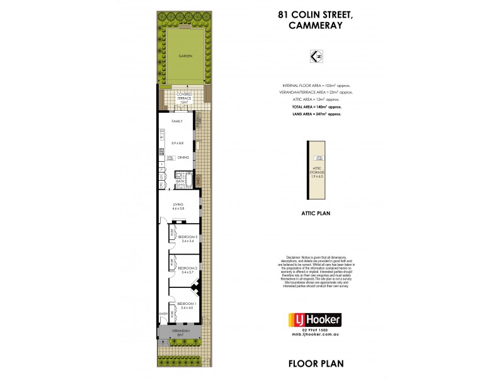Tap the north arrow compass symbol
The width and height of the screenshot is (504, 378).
[x=318, y=57]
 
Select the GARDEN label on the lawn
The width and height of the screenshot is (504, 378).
[x=185, y=56]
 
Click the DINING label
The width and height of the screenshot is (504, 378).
[x=183, y=157]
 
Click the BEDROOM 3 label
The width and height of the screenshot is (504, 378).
[x=187, y=236]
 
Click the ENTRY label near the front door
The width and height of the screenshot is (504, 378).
[x=163, y=314]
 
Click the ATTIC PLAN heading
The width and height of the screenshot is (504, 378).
[x=318, y=214]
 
